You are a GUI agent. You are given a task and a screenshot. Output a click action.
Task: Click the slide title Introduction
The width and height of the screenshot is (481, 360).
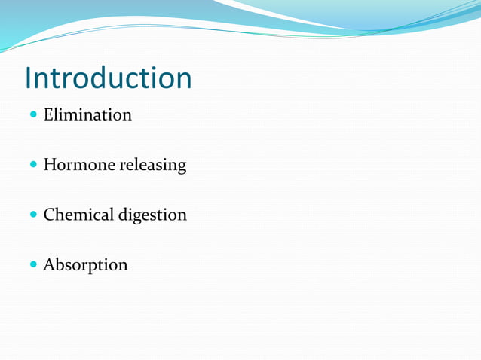click(x=108, y=78)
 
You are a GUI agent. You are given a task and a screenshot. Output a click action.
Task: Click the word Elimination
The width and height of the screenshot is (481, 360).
click(x=87, y=115)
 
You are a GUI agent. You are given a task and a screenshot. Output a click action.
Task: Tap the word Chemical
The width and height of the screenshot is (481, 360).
click(x=79, y=215)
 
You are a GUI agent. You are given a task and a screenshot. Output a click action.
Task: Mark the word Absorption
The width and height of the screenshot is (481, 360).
click(x=85, y=265)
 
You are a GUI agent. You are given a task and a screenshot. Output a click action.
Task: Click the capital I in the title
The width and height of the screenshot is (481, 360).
click(x=28, y=78)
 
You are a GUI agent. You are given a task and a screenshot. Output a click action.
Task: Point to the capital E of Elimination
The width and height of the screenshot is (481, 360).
click(x=48, y=115)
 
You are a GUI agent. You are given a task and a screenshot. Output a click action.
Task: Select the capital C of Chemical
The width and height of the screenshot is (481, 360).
click(x=49, y=215)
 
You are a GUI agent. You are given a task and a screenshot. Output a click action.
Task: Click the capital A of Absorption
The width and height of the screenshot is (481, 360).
click(x=49, y=265)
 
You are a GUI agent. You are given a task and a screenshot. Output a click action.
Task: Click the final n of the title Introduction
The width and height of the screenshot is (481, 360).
click(x=182, y=81)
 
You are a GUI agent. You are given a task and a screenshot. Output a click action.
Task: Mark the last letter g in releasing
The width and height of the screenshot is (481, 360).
click(x=181, y=168)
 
